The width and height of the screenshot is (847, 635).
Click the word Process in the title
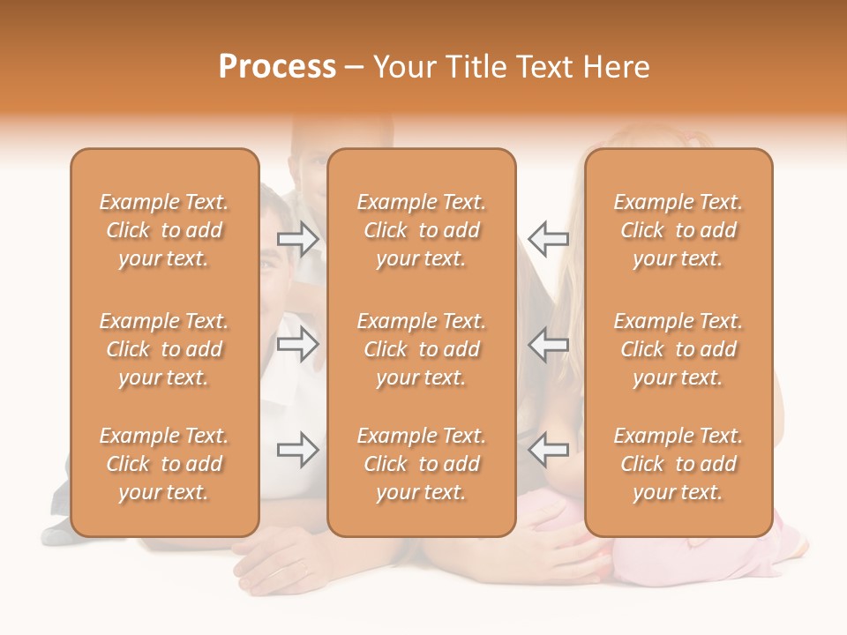pyautogui.click(x=277, y=67)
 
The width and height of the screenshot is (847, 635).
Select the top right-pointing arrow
pyautogui.click(x=297, y=238)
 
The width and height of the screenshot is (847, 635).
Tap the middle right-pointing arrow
pyautogui.click(x=297, y=344)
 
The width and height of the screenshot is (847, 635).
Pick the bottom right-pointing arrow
pyautogui.click(x=297, y=450)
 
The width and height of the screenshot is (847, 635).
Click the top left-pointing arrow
pyautogui.click(x=548, y=238)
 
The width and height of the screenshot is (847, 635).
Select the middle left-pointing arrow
pyautogui.click(x=548, y=344)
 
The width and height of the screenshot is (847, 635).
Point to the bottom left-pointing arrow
pyautogui.click(x=548, y=450)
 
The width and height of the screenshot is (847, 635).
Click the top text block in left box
pyautogui.click(x=164, y=230)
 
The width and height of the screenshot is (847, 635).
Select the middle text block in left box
pyautogui.click(x=164, y=349)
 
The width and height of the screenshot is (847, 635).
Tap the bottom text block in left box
pyautogui.click(x=164, y=464)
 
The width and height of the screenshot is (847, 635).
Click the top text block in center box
pyautogui.click(x=421, y=230)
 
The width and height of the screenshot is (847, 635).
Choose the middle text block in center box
pyautogui.click(x=421, y=349)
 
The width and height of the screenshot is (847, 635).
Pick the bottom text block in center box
pyautogui.click(x=421, y=464)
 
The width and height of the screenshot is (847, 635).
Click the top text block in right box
pyautogui.click(x=678, y=230)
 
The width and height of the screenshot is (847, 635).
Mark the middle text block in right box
pyautogui.click(x=678, y=349)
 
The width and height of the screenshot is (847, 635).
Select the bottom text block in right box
pyautogui.click(x=678, y=464)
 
